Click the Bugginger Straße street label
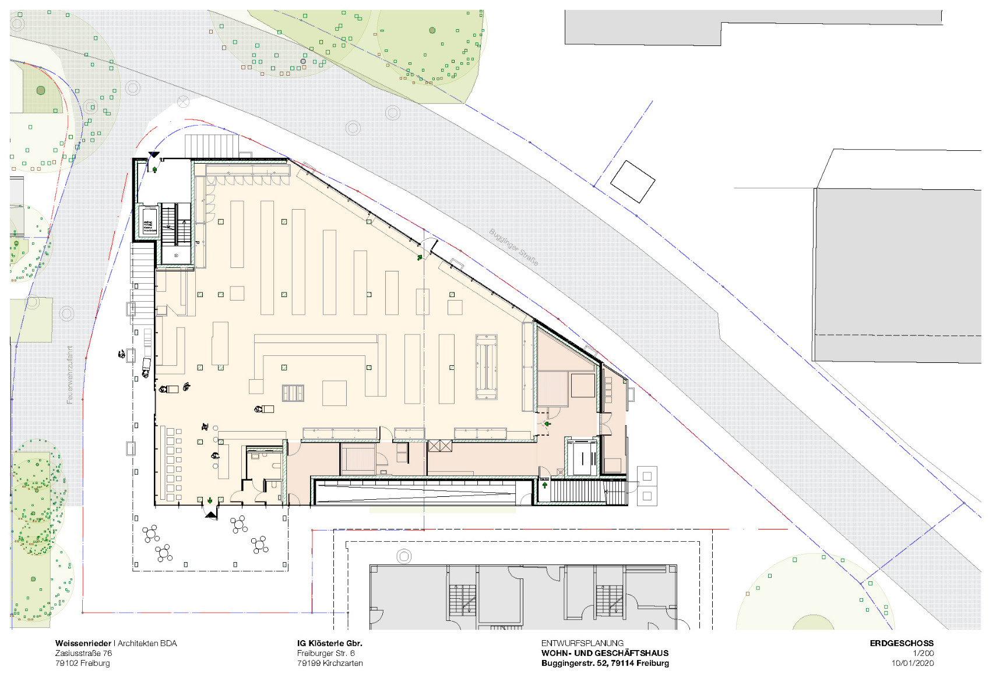point(513,248)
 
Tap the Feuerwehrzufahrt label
point(70,375)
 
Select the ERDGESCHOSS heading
point(901,643)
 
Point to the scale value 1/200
point(923,653)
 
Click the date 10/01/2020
point(912,663)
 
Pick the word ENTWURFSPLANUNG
point(582,643)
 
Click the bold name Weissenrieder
point(83,643)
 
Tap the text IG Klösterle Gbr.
point(329,643)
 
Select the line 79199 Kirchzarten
point(330,663)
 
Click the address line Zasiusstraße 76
point(83,653)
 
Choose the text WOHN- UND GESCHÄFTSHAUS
point(605,653)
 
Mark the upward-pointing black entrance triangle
point(210,514)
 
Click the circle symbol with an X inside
point(183,101)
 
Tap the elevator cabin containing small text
point(149,221)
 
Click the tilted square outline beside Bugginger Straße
point(632,182)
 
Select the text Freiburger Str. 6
point(326,653)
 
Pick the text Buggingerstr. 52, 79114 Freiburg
point(605,663)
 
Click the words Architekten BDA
point(147,643)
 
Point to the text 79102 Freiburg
point(82,663)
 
